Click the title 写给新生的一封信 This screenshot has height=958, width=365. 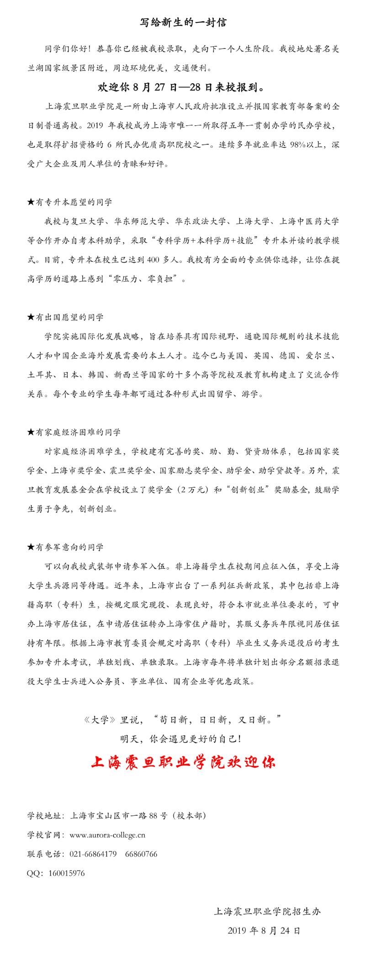[x=182, y=22]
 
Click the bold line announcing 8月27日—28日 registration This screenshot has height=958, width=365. [x=182, y=86]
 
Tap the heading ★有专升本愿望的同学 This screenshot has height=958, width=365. [x=69, y=202]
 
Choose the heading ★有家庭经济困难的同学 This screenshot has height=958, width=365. [x=74, y=432]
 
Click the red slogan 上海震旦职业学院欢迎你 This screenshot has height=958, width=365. [x=183, y=762]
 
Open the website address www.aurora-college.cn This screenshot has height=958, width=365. [x=107, y=835]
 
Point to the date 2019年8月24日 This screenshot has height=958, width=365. [x=264, y=931]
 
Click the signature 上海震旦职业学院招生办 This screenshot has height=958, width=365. [x=267, y=911]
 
